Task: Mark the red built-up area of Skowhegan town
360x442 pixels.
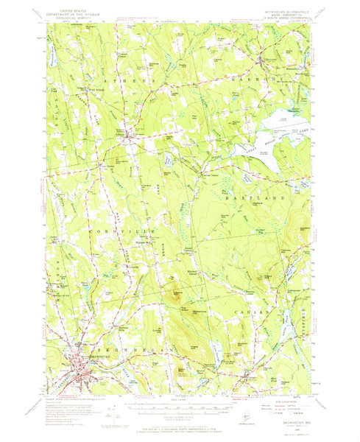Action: tap(81, 362)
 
